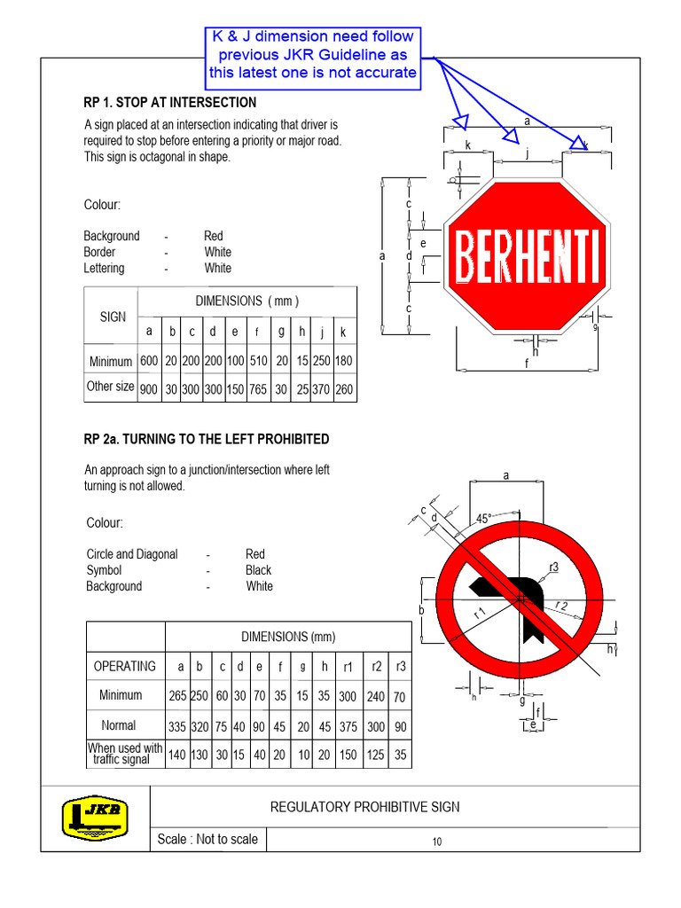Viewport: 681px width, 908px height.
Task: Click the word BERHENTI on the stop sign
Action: (x=526, y=256)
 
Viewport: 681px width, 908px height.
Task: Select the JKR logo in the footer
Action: (x=94, y=817)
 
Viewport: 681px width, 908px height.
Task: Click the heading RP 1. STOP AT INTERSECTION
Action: (x=169, y=102)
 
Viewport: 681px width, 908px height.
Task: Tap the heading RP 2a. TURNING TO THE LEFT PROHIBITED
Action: (x=206, y=439)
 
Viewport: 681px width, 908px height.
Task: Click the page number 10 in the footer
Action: (x=437, y=841)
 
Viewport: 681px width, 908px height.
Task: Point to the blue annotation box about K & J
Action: (x=313, y=54)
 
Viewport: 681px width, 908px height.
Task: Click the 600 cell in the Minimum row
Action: (x=149, y=362)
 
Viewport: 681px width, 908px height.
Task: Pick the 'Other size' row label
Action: (x=111, y=387)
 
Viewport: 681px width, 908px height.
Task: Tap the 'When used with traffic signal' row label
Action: (x=125, y=754)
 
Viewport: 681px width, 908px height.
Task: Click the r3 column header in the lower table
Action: (x=399, y=667)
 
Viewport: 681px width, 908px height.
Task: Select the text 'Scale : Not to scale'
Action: (x=207, y=839)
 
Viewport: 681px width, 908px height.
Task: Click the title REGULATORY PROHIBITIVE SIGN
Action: (x=364, y=806)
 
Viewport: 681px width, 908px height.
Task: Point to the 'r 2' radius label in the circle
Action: (x=561, y=606)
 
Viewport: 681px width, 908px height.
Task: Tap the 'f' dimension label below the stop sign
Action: (x=525, y=364)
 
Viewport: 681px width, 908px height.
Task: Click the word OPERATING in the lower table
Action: (x=124, y=666)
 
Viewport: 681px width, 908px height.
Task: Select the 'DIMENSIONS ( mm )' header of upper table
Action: (x=247, y=301)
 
